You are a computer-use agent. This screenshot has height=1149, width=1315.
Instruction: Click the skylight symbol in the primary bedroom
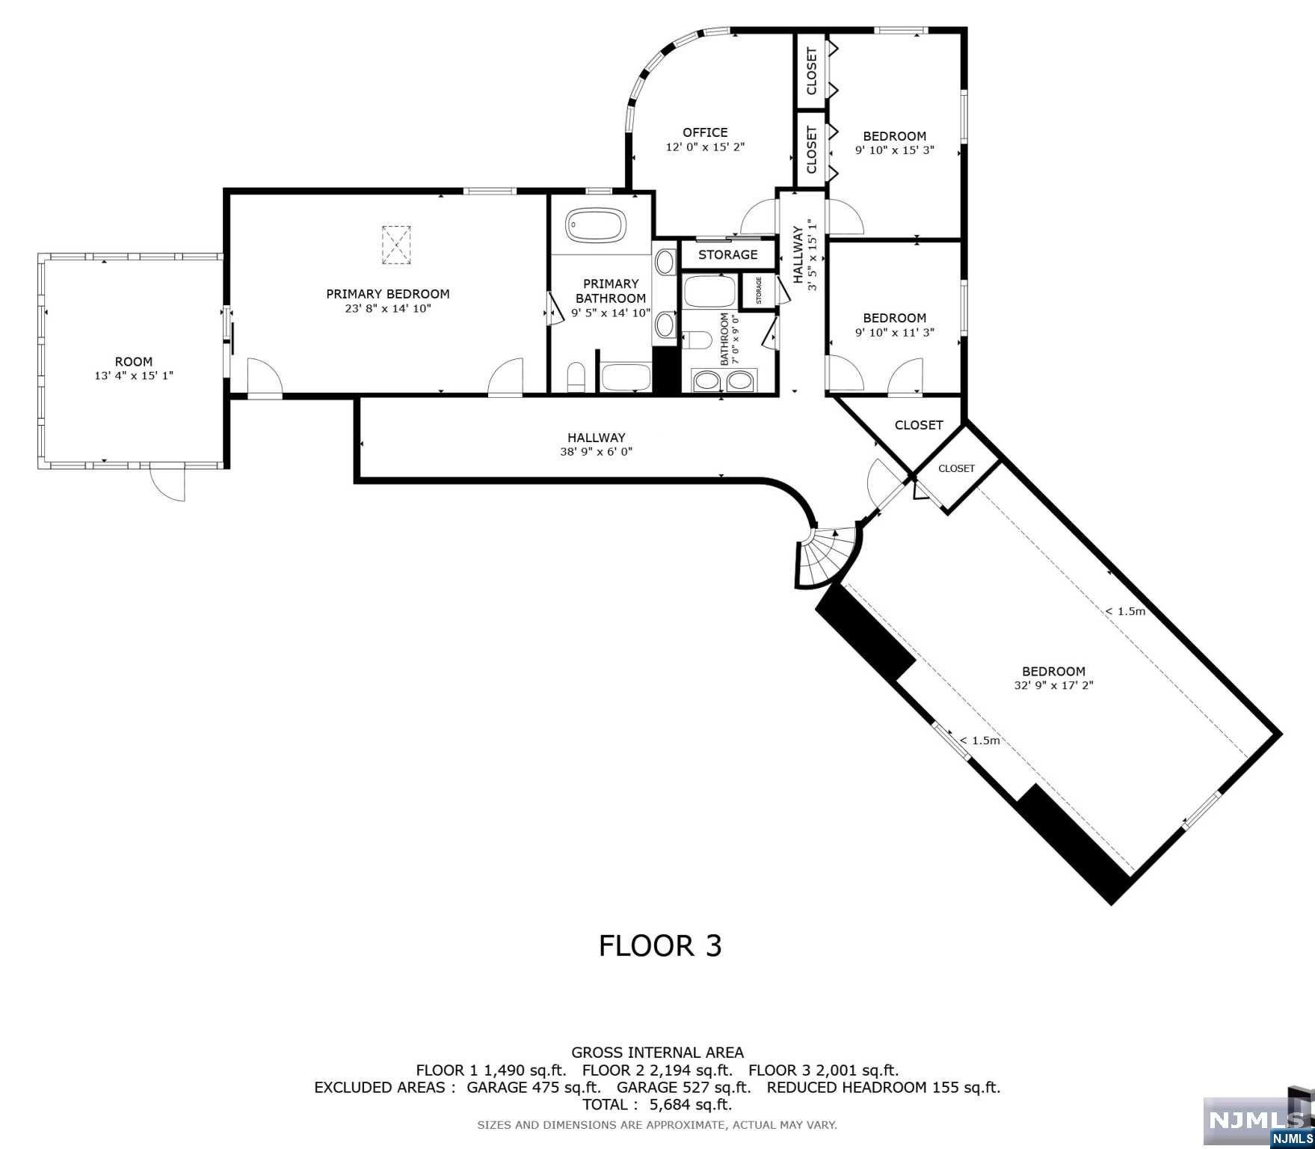coord(397,245)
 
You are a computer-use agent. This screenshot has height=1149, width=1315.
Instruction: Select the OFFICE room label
coord(704,132)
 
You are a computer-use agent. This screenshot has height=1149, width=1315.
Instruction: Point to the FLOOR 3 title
coord(660,946)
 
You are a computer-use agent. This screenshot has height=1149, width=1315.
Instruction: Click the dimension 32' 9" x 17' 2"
coord(1053,685)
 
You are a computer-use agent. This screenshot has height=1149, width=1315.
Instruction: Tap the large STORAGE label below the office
coord(727,254)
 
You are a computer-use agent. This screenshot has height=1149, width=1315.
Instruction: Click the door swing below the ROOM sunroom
coord(167,483)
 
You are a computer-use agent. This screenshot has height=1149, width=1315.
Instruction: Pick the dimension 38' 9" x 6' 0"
coord(596,452)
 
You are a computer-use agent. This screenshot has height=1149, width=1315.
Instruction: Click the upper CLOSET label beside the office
coord(811,71)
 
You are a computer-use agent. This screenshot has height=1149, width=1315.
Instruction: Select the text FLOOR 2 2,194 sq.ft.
coord(657,1070)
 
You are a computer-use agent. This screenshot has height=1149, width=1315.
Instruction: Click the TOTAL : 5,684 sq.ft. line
coord(657,1104)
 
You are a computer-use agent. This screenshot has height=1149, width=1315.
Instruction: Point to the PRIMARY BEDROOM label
coord(387,294)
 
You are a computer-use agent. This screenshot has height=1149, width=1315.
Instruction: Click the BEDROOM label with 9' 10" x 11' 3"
coord(894,318)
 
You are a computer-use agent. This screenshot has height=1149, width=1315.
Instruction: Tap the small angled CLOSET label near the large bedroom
coord(956,468)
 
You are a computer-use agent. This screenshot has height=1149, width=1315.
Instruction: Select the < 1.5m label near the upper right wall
coord(1125,611)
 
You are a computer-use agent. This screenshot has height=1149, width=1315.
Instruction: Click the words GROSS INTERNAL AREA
coord(657,1053)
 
